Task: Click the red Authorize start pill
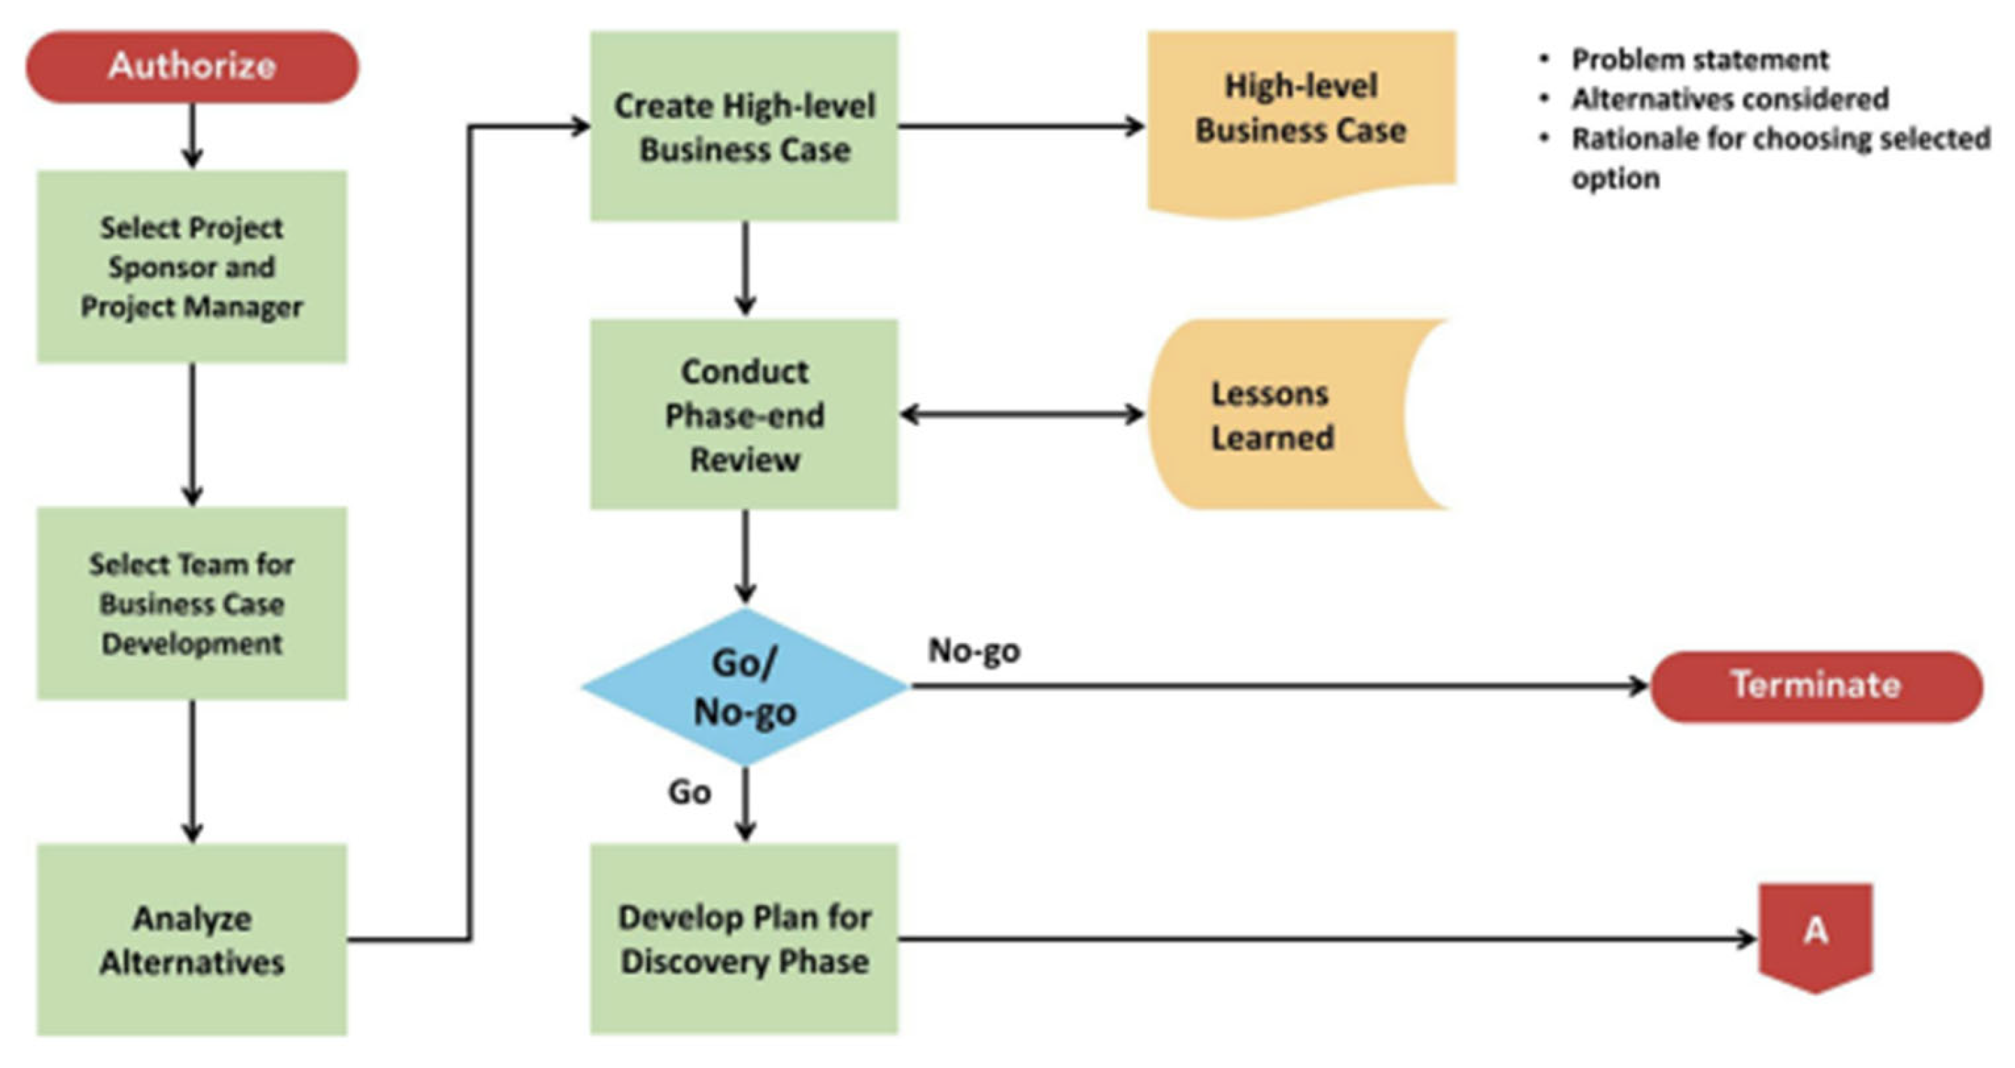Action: click(x=192, y=67)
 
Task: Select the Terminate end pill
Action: click(x=1816, y=686)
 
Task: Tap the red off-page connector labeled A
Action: click(x=1814, y=935)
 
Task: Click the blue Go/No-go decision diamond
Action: click(x=745, y=687)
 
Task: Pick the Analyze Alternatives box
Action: click(x=191, y=939)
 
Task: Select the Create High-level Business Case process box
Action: click(x=744, y=127)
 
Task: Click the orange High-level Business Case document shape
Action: click(x=1301, y=117)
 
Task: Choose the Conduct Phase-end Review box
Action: click(x=744, y=414)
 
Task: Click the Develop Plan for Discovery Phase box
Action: click(x=744, y=939)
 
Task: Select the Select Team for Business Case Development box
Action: click(x=191, y=603)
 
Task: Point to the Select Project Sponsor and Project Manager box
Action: click(x=191, y=267)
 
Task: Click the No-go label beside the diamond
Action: click(x=974, y=651)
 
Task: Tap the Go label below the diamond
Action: click(x=689, y=793)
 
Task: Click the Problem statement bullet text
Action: click(x=1699, y=59)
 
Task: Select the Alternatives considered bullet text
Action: click(x=1729, y=99)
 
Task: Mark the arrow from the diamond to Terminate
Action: click(x=1275, y=686)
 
